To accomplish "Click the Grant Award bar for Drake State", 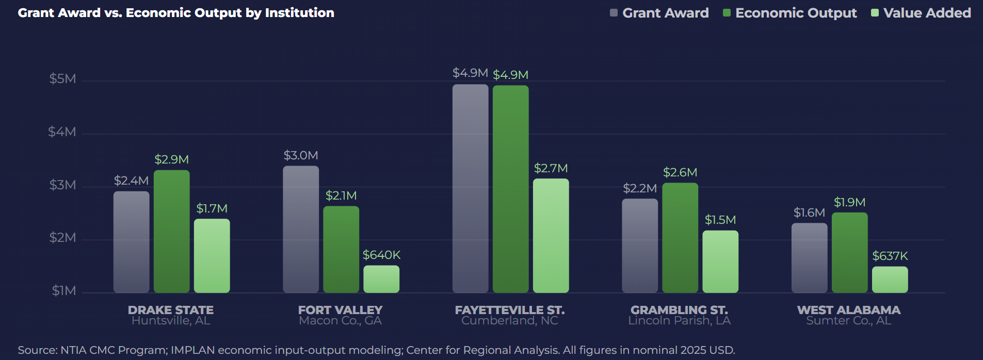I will click(x=131, y=242).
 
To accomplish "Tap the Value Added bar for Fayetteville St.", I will click(x=551, y=236).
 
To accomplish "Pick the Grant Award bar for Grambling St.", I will click(x=640, y=246).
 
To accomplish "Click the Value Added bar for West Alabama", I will click(x=890, y=280).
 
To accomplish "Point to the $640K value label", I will click(x=381, y=255).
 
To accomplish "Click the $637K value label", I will click(x=890, y=256).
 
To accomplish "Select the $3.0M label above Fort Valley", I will click(x=301, y=155).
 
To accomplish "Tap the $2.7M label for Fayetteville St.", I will click(x=551, y=168).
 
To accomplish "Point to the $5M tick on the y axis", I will click(x=62, y=79).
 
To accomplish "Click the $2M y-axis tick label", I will click(x=62, y=238).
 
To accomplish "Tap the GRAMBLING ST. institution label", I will click(x=679, y=310).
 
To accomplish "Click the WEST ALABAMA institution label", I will click(x=848, y=310).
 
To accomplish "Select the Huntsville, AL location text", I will click(x=171, y=321).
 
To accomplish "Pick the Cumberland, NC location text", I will click(x=509, y=321).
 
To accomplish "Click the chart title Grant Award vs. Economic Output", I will click(x=176, y=13).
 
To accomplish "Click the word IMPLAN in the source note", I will click(x=192, y=350).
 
